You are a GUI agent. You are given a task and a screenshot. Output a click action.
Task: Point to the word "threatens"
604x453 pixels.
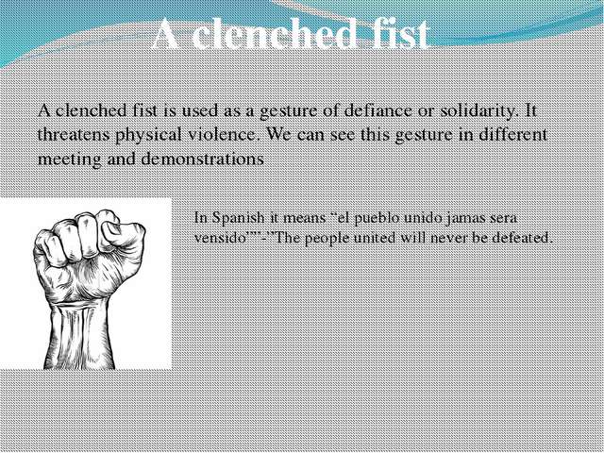[74, 135]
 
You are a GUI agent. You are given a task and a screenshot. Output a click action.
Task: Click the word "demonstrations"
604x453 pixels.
[202, 159]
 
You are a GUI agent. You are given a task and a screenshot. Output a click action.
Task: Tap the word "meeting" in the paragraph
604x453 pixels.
[69, 159]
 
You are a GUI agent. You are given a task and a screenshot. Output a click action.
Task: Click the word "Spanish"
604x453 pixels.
[239, 219]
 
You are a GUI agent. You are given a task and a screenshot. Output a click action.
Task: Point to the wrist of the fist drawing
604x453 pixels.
[83, 302]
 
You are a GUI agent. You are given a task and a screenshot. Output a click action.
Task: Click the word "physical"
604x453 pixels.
[148, 136]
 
